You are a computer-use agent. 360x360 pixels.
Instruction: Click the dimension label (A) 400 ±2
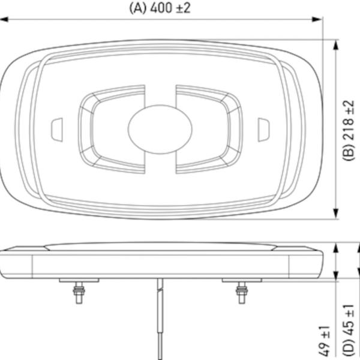click(x=160, y=8)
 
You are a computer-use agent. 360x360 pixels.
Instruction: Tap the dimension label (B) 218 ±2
click(x=349, y=130)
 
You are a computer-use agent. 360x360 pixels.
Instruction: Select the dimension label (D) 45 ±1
click(x=349, y=332)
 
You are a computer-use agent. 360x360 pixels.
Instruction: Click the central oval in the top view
click(x=160, y=129)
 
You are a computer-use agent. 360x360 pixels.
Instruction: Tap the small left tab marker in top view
click(x=57, y=130)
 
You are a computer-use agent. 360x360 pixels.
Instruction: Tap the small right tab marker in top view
click(x=263, y=130)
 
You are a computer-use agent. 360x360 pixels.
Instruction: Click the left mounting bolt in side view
click(x=79, y=293)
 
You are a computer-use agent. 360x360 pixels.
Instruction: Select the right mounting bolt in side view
click(x=242, y=293)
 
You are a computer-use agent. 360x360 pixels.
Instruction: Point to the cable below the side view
click(x=160, y=319)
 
